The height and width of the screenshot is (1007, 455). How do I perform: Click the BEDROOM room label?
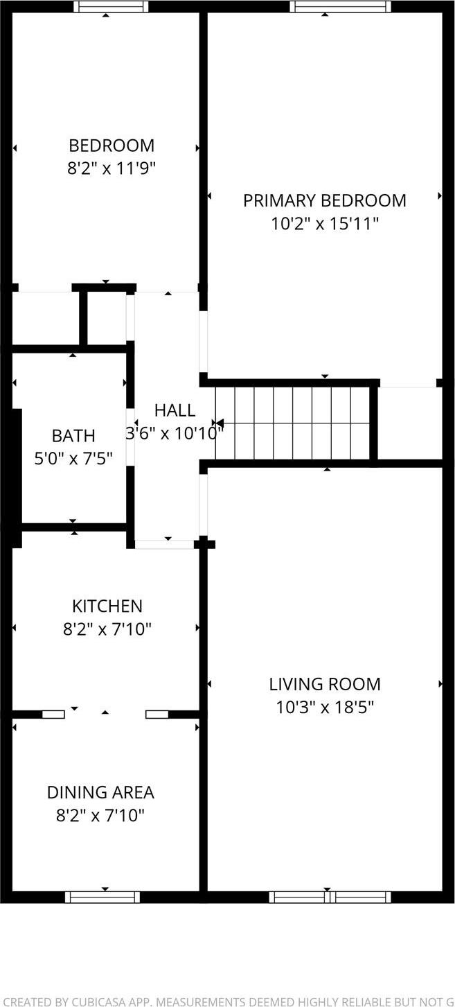tap(111, 146)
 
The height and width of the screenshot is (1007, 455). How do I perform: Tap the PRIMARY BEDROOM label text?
tap(324, 200)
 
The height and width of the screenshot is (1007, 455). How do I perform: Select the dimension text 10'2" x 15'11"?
tap(324, 223)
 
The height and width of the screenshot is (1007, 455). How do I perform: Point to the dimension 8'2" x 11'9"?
tap(111, 168)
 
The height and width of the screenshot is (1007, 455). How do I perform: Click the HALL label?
tap(175, 410)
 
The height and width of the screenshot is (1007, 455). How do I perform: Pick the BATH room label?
tap(73, 436)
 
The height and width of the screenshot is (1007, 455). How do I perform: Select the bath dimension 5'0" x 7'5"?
tap(73, 458)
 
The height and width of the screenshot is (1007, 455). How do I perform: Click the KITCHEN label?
tap(107, 606)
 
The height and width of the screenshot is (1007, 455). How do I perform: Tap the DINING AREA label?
tap(100, 792)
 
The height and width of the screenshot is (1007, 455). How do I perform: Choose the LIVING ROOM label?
tap(325, 684)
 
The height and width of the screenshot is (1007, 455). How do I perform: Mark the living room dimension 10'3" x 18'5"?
tap(325, 707)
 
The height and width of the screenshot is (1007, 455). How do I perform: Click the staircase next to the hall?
tap(292, 423)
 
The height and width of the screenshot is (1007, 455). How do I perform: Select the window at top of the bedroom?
tap(111, 7)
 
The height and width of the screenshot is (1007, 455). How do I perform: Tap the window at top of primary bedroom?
tap(340, 7)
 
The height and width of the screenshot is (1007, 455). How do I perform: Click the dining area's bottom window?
tap(102, 897)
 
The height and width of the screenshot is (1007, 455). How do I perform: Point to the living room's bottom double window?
tap(330, 897)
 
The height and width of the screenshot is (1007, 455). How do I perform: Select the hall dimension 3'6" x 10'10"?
tap(175, 434)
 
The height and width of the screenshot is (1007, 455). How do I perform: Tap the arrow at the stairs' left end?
tap(217, 423)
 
